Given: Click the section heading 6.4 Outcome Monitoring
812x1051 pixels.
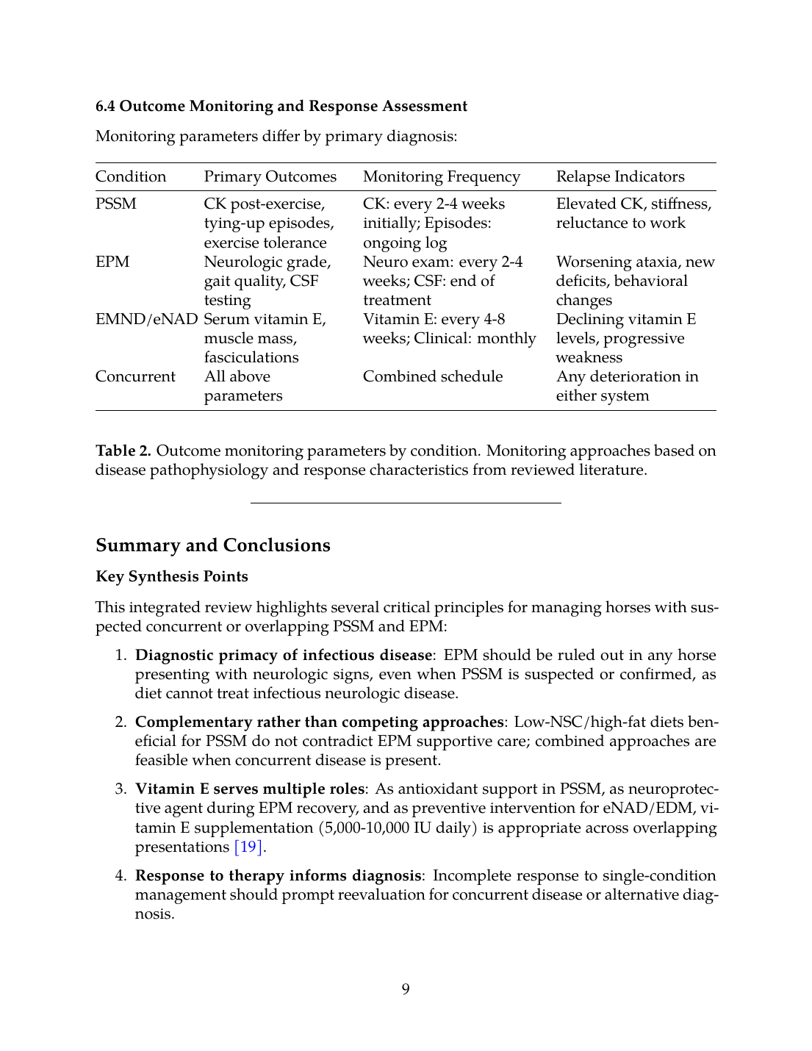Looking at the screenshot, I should tap(281, 106).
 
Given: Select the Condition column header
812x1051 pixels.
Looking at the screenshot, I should tap(131, 176).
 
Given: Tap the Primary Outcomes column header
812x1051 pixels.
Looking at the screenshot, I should tap(270, 176).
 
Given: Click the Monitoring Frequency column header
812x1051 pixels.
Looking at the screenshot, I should tap(441, 176).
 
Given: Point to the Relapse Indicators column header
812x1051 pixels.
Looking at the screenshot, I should tap(619, 176).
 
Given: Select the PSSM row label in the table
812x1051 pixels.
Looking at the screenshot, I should tap(116, 204).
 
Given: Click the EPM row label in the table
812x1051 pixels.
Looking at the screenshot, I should tap(112, 262).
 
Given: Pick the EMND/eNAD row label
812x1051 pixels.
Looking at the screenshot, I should tap(146, 319).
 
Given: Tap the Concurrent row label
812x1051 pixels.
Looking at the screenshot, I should tap(135, 376).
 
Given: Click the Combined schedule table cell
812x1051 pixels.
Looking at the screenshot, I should tap(433, 376).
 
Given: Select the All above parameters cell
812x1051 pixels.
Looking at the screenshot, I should tap(242, 386).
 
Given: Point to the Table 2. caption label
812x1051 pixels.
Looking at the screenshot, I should tap(123, 451).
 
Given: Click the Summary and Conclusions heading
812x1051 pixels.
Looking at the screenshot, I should tap(213, 545).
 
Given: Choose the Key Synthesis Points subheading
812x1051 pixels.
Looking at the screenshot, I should tap(172, 576).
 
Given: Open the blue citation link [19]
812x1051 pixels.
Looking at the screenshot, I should tap(248, 847).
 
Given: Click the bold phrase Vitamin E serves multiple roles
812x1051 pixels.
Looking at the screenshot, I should tap(250, 789).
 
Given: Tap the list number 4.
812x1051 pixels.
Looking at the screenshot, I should tap(121, 875).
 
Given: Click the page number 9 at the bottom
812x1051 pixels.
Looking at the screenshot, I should tap(406, 989).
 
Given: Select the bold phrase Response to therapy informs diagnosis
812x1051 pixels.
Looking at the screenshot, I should tap(278, 875).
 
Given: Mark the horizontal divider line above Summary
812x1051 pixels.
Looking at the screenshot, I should tap(406, 503).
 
